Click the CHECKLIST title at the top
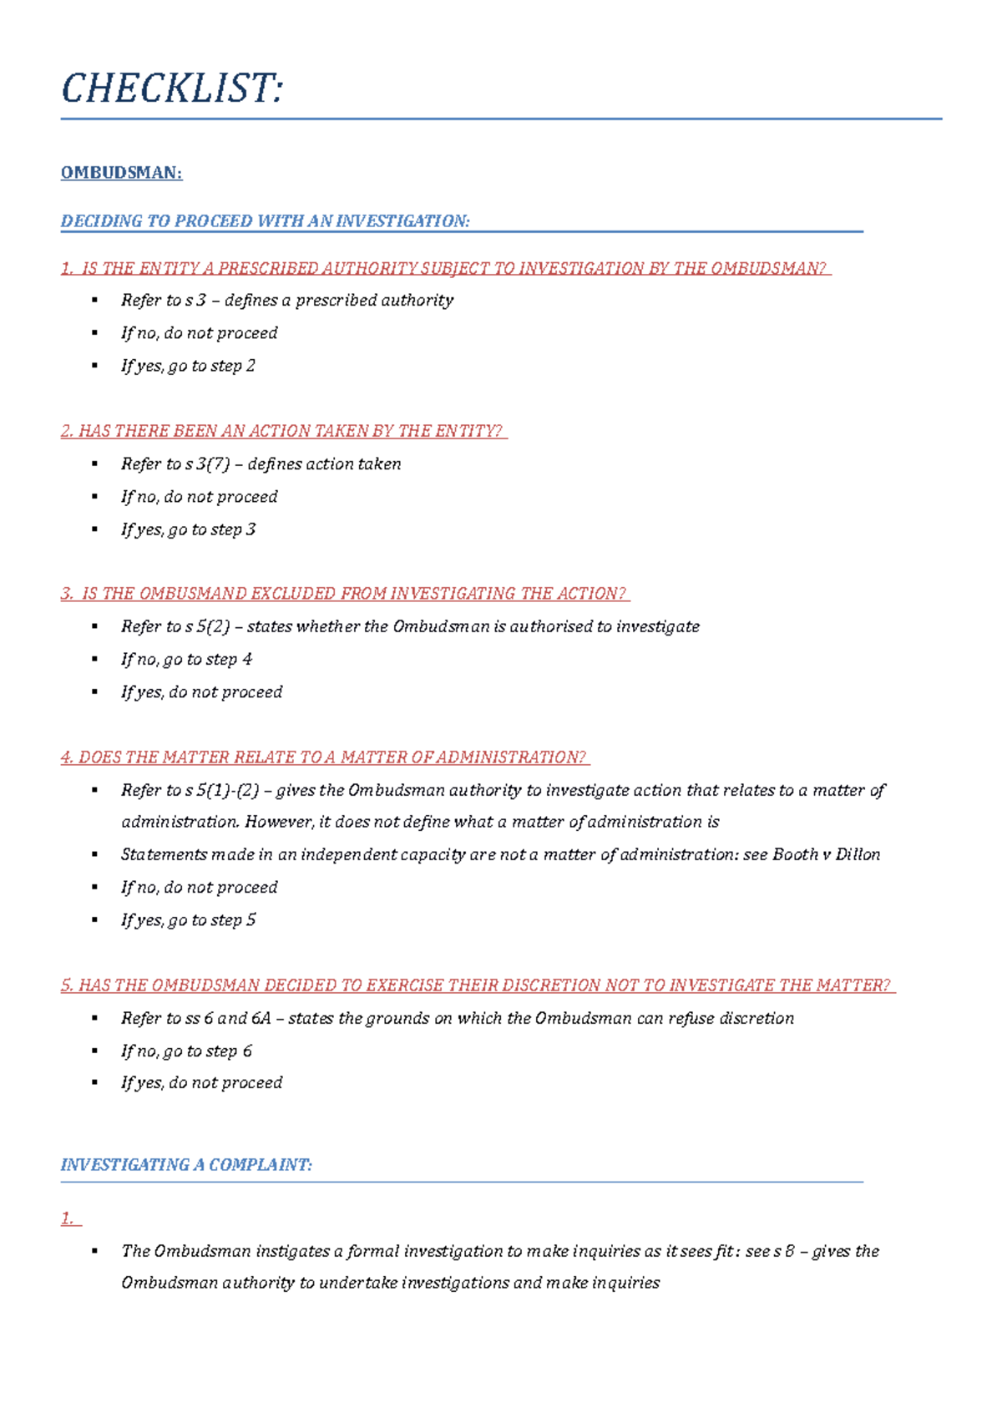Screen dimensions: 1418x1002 tap(172, 89)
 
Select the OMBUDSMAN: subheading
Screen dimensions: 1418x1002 tap(121, 173)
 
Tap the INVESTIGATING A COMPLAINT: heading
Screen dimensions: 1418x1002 tap(186, 1165)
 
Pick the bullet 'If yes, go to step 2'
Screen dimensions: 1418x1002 tap(188, 366)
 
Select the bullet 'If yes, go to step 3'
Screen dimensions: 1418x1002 tap(188, 529)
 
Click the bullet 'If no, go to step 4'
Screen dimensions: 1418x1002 tap(186, 660)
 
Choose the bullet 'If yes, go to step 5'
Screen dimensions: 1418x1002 tap(188, 920)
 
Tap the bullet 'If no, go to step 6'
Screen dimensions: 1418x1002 tap(186, 1051)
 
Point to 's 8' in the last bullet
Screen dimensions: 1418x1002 tap(783, 1251)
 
